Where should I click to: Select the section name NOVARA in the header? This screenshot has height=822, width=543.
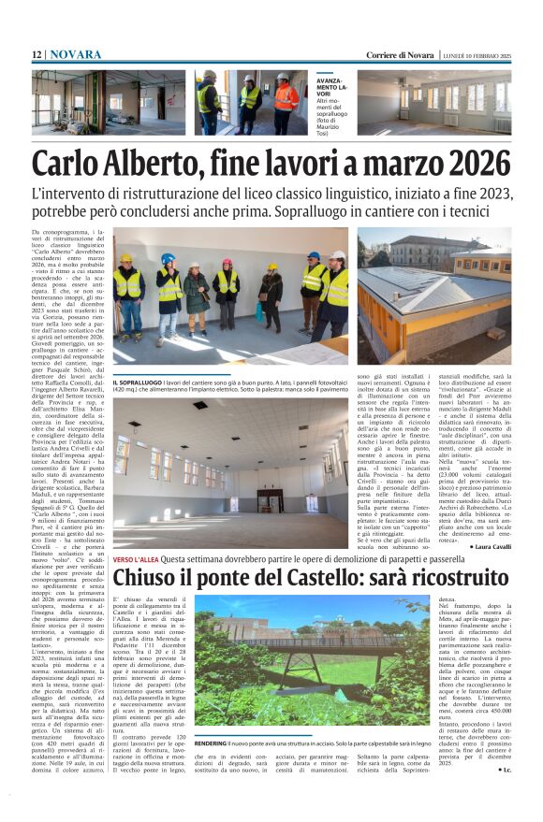click(76, 55)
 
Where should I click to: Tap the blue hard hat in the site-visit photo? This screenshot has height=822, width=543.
click(168, 259)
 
